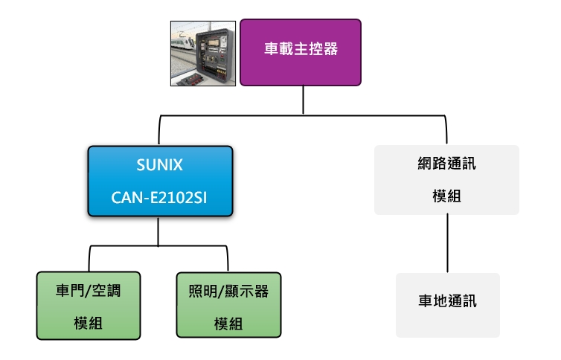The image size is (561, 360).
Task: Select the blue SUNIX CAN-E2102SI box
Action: click(160, 181)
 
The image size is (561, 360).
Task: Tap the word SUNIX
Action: click(160, 164)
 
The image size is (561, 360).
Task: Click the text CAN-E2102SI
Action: click(160, 198)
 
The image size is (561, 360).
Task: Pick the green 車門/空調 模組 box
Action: click(89, 305)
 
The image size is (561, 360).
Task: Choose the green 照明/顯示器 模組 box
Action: click(228, 306)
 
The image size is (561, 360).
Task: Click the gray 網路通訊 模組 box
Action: click(446, 180)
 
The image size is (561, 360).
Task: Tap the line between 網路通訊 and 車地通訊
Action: click(447, 244)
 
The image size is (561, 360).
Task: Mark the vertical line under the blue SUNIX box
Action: click(158, 231)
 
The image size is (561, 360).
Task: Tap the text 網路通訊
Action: click(446, 164)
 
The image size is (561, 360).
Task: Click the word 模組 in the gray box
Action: click(446, 196)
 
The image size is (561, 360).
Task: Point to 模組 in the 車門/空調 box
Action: click(89, 323)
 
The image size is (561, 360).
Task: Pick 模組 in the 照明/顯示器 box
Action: click(228, 324)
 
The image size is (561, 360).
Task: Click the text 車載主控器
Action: click(301, 50)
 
